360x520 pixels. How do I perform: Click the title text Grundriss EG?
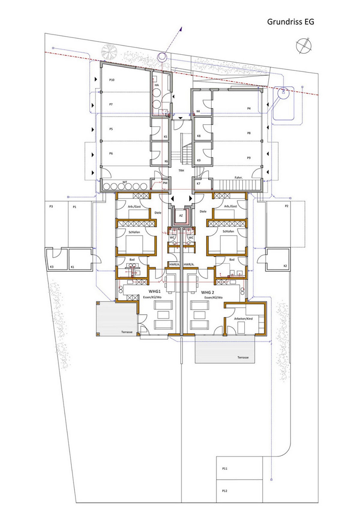[x=290, y=22]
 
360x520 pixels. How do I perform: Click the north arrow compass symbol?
[x=304, y=46]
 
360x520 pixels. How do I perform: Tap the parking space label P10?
[x=112, y=80]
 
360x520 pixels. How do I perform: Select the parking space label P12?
[x=225, y=491]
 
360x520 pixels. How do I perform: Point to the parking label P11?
[x=225, y=468]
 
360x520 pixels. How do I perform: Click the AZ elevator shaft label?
[x=181, y=215]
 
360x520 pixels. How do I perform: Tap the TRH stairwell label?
[x=181, y=170]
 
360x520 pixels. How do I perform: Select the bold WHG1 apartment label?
[x=155, y=291]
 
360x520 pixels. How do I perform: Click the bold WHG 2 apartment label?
[x=208, y=292]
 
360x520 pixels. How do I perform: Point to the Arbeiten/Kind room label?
[x=243, y=319]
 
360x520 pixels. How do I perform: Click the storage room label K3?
[x=52, y=267]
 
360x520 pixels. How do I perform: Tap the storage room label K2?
[x=285, y=266]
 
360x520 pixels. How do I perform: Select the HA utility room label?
[x=157, y=85]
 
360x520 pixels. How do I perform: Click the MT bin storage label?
[x=125, y=182]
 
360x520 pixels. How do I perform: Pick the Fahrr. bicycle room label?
[x=238, y=178]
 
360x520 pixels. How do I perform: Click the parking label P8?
[x=249, y=133]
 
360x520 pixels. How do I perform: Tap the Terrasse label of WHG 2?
[x=243, y=357]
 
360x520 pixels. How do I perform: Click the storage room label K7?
[x=198, y=184]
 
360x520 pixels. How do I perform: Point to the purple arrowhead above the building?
[x=181, y=29]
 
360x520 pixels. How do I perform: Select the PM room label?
[x=165, y=183]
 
